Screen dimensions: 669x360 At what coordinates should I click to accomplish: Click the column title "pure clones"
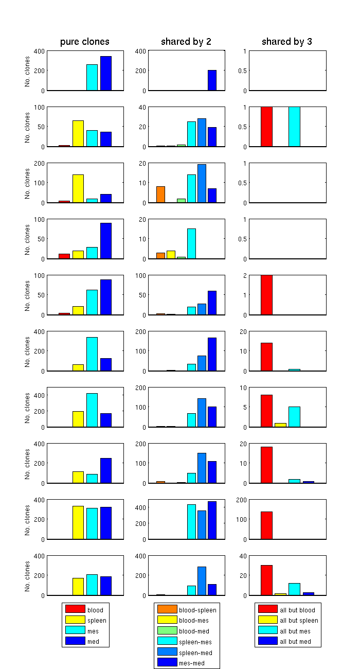(x=85, y=42)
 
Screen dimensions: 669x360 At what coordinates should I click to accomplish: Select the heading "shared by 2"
(x=186, y=42)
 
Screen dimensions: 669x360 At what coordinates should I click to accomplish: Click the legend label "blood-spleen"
(x=197, y=610)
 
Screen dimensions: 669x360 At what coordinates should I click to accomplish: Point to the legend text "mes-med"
(x=191, y=663)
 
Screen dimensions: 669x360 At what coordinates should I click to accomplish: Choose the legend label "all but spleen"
(x=299, y=621)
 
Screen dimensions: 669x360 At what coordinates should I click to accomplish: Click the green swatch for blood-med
(x=167, y=631)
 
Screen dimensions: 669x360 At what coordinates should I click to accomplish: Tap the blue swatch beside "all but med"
(x=267, y=642)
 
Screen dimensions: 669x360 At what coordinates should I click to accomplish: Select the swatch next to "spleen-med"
(x=167, y=653)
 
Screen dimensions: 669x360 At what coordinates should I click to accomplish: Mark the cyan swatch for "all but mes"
(x=267, y=631)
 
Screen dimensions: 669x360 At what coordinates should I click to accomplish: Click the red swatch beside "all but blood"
(x=267, y=610)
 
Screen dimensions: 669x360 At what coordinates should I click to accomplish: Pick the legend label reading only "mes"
(x=93, y=631)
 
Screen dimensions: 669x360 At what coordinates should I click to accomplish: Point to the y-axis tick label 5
(x=244, y=407)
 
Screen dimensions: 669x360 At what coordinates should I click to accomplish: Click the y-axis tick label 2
(x=244, y=275)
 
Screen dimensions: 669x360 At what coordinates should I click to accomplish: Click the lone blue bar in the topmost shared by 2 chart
(x=212, y=80)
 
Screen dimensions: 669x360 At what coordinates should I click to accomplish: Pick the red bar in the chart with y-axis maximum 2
(x=266, y=295)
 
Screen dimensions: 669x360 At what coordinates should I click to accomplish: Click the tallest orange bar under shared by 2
(x=160, y=195)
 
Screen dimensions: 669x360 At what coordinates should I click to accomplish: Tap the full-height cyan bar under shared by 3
(x=294, y=127)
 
